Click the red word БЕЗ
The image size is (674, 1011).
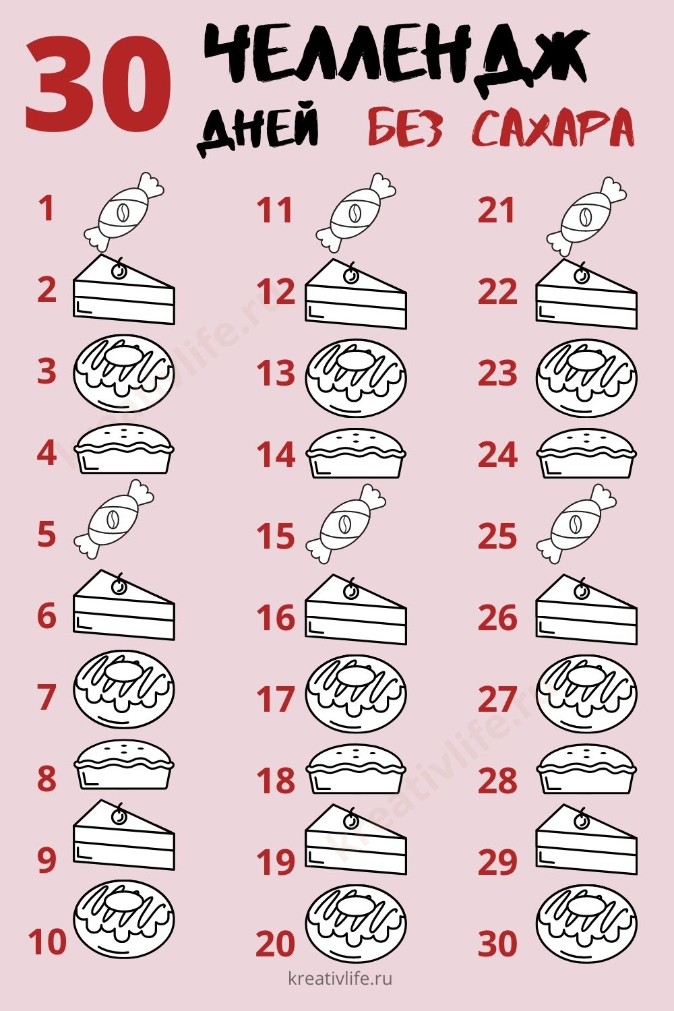pyautogui.click(x=404, y=127)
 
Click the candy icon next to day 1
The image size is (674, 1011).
pyautogui.click(x=123, y=211)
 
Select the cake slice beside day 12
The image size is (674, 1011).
pyautogui.click(x=356, y=293)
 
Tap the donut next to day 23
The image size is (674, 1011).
pyautogui.click(x=586, y=378)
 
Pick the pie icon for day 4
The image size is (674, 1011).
pyautogui.click(x=124, y=449)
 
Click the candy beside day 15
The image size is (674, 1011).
pyautogui.click(x=346, y=524)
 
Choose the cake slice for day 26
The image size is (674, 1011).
pyautogui.click(x=586, y=609)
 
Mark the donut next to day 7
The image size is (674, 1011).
pyautogui.click(x=124, y=690)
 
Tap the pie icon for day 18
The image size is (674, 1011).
pyautogui.click(x=356, y=769)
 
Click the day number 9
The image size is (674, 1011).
pyautogui.click(x=47, y=860)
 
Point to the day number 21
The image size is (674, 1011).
pyautogui.click(x=496, y=210)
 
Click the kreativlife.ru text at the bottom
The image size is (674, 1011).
pyautogui.click(x=340, y=980)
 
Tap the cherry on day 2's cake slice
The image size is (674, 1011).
pyautogui.click(x=119, y=270)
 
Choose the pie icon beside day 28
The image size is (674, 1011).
pyautogui.click(x=586, y=769)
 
